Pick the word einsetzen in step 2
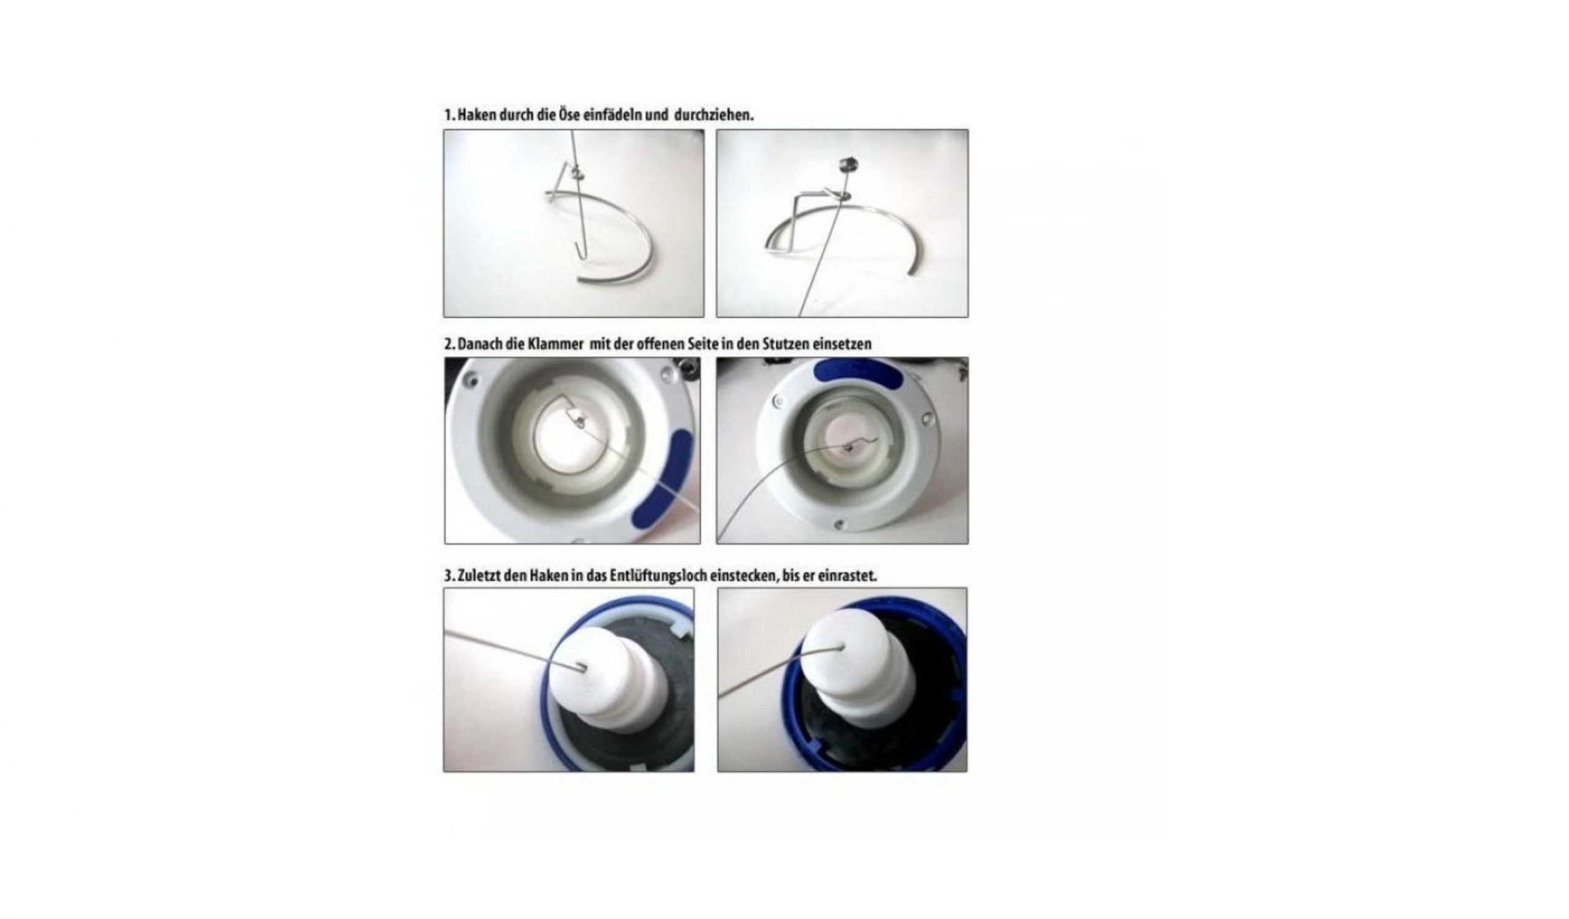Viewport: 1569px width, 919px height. (x=843, y=344)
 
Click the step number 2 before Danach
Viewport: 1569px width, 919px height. (x=447, y=344)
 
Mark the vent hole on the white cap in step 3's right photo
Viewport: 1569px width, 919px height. (x=842, y=647)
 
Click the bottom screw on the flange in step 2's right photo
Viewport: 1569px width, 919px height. (x=838, y=524)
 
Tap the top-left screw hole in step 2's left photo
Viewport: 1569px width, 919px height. (x=473, y=377)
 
